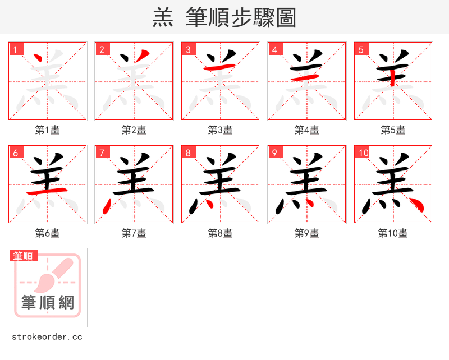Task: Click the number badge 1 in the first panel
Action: click(x=15, y=49)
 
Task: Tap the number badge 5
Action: click(x=360, y=49)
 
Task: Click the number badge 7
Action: click(x=101, y=153)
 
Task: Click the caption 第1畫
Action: click(x=48, y=130)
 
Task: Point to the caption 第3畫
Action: click(x=221, y=130)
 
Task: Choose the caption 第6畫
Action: click(x=48, y=233)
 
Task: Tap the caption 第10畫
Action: click(x=393, y=233)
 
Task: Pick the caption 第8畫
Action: click(x=221, y=233)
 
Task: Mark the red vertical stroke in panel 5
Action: click(x=393, y=77)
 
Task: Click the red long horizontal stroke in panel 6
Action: click(x=48, y=191)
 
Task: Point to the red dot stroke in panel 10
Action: click(x=416, y=205)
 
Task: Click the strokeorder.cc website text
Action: click(x=47, y=337)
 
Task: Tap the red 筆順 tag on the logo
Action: click(x=24, y=256)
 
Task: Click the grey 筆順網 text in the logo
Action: click(x=48, y=303)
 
